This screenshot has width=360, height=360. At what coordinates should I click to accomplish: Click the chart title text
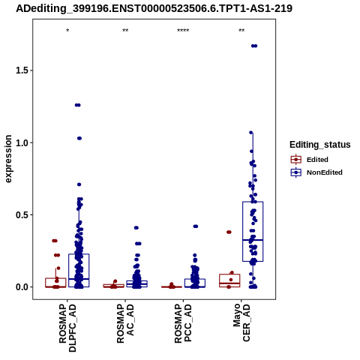pyautogui.click(x=154, y=8)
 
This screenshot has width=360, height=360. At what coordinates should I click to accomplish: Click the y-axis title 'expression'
pyautogui.click(x=8, y=159)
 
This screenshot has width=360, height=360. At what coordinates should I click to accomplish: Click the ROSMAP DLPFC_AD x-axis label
pyautogui.click(x=67, y=328)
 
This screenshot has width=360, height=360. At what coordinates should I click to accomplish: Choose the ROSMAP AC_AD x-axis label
pyautogui.click(x=125, y=323)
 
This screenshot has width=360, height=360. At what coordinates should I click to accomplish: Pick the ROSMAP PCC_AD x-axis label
pyautogui.click(x=183, y=323)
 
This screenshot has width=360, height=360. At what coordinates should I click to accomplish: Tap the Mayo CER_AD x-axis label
pyautogui.click(x=241, y=322)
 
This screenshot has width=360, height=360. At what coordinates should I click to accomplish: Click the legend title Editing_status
pyautogui.click(x=320, y=145)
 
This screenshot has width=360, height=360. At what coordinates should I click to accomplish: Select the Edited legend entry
pyautogui.click(x=309, y=160)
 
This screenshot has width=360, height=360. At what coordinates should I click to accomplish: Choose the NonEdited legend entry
pyautogui.click(x=316, y=172)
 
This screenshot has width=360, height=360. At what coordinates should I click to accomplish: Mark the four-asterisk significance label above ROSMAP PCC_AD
pyautogui.click(x=183, y=31)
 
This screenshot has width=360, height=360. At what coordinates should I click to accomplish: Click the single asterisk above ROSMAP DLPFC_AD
pyautogui.click(x=67, y=31)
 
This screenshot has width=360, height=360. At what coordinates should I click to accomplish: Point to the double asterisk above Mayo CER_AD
pyautogui.click(x=241, y=31)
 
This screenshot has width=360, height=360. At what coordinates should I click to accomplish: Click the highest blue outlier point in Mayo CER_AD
pyautogui.click(x=254, y=46)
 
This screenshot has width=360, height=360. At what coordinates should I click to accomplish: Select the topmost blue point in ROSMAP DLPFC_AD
pyautogui.click(x=78, y=105)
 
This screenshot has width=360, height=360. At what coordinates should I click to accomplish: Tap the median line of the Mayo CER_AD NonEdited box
pyautogui.click(x=253, y=240)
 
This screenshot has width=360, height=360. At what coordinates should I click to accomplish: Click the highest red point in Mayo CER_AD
pyautogui.click(x=229, y=232)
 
